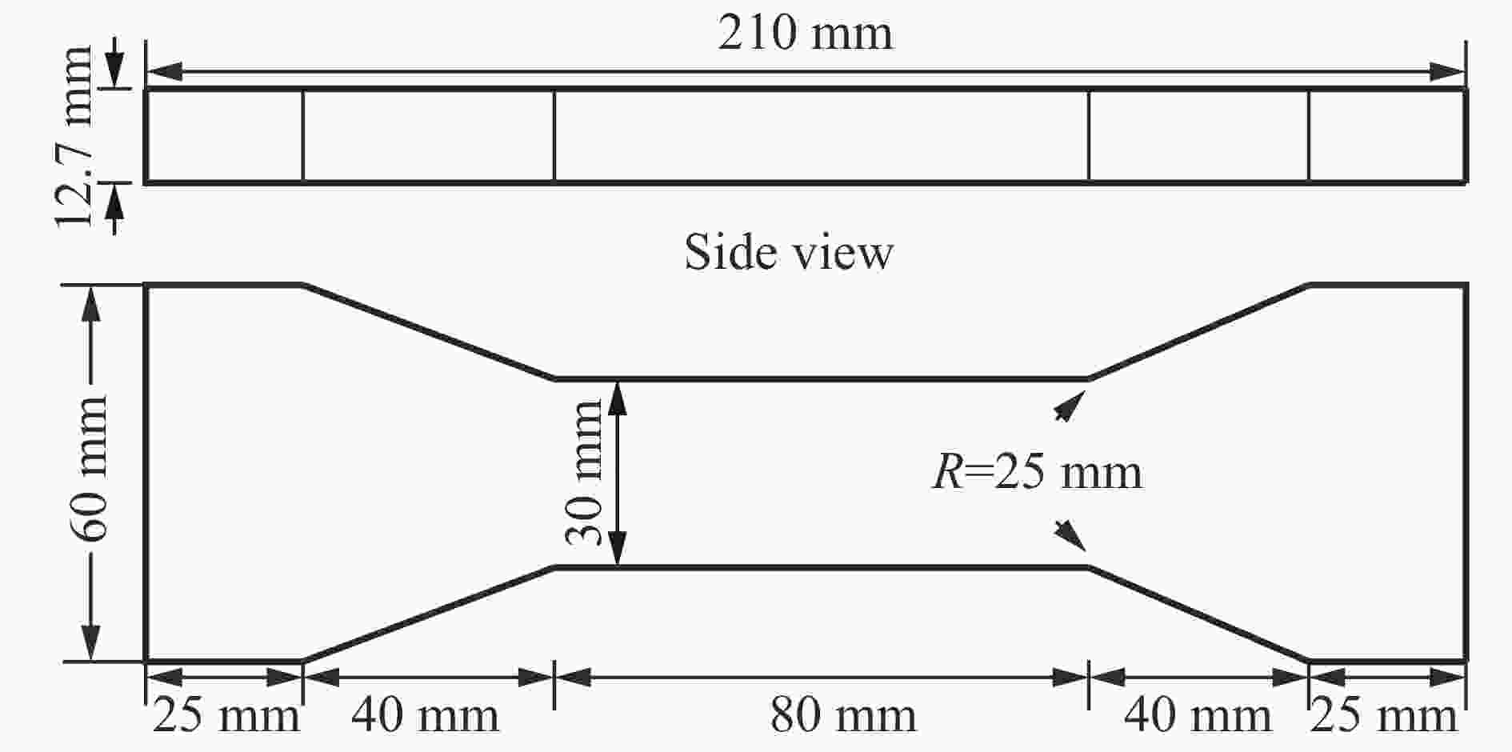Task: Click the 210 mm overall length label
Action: (805, 34)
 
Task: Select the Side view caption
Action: (788, 252)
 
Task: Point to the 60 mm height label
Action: (89, 468)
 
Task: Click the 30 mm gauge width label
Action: (584, 473)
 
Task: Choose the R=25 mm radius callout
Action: (1038, 471)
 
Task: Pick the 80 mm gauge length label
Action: (843, 715)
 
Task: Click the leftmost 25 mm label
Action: (226, 715)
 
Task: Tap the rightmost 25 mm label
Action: (1384, 715)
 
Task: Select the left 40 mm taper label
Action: (425, 715)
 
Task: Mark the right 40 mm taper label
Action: (1198, 715)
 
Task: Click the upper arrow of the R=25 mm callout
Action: (1070, 406)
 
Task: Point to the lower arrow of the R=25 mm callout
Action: (1070, 536)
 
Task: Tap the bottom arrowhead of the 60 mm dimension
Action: (91, 643)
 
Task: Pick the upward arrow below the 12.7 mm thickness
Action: (115, 209)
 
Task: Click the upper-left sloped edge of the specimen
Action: (429, 331)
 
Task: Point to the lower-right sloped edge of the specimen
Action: (1198, 614)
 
